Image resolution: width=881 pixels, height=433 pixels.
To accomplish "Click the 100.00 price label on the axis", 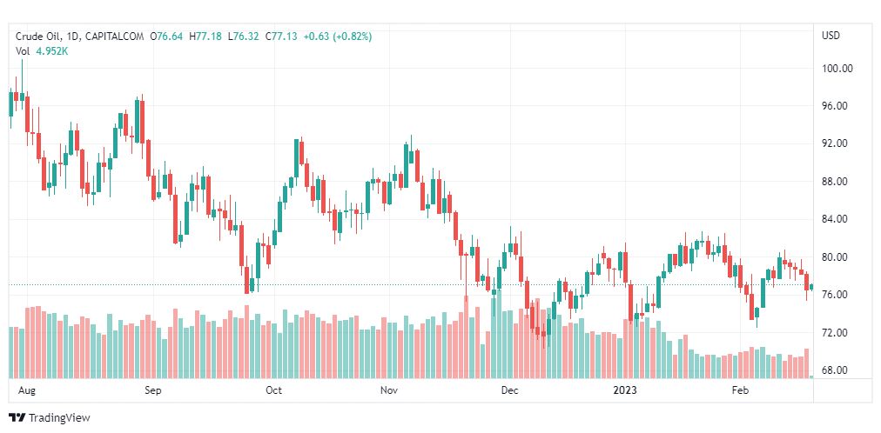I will point(837,69).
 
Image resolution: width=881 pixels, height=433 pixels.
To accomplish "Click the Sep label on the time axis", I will point(153,390).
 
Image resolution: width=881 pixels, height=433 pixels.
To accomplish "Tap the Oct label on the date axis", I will point(273,390).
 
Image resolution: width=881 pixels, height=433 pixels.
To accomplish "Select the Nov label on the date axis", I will point(390,390).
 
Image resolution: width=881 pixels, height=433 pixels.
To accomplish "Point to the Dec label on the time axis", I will point(509,390).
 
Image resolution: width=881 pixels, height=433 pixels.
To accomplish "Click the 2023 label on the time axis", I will point(626,390).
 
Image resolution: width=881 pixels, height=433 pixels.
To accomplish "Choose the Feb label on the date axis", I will point(740,390).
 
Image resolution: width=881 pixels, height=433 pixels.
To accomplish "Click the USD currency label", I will point(831,36).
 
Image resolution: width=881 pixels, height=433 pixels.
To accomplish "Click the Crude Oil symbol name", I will point(38,37).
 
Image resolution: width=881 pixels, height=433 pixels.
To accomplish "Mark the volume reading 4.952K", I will point(52,51).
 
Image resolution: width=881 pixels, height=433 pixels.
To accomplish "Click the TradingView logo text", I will point(59,418).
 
